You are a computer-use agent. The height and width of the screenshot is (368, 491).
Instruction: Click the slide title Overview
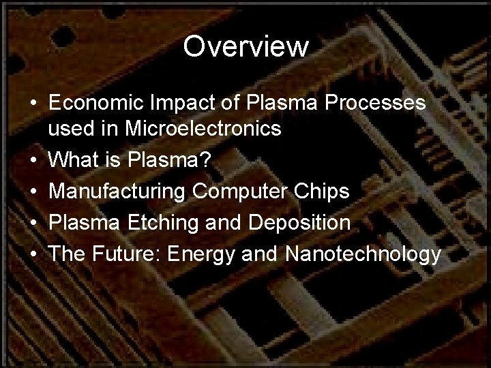point(245,46)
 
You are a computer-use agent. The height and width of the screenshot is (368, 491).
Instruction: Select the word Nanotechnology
point(364,255)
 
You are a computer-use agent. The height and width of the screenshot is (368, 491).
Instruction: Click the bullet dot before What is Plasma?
point(33,162)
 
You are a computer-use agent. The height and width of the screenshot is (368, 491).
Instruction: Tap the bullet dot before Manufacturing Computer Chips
point(33,193)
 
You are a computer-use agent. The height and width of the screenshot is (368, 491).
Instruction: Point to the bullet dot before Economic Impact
point(33,104)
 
